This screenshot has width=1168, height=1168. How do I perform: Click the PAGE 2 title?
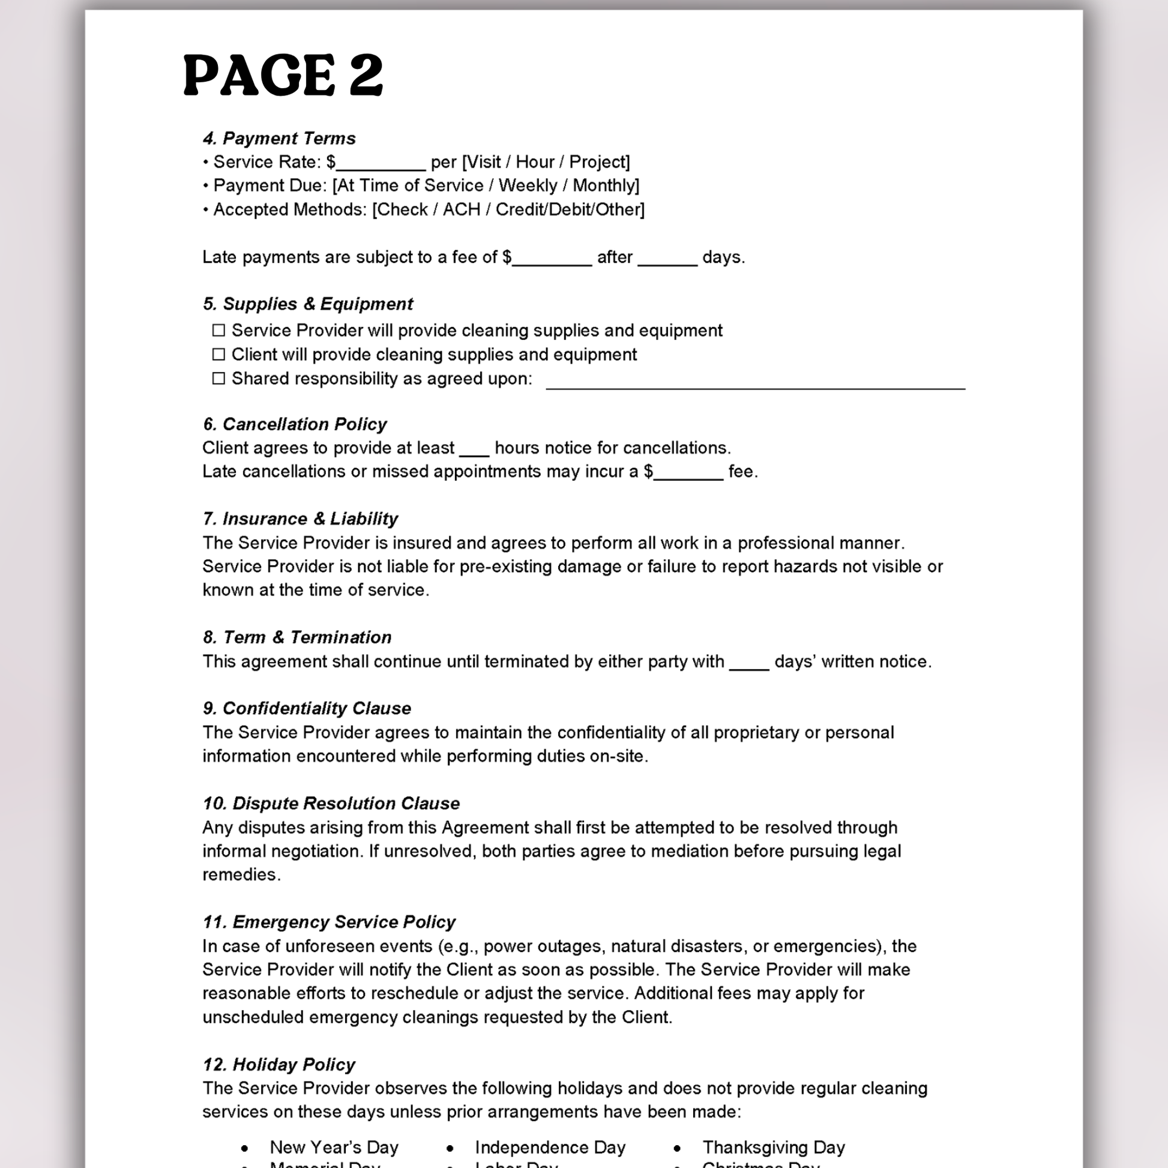coord(283,75)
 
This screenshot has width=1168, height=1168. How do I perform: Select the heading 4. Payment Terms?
coord(279,139)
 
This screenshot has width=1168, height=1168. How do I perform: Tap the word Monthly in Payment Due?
coord(604,185)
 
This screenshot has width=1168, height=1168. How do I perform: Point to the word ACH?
coord(462,210)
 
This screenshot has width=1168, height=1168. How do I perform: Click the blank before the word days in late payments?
coord(667,259)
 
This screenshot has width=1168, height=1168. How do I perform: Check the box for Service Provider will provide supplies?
coord(219,331)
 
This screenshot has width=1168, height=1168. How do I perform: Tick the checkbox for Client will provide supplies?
coord(219,354)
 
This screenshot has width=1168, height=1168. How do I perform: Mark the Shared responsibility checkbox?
coord(219,379)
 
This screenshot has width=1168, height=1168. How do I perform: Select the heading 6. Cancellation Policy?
coord(295,424)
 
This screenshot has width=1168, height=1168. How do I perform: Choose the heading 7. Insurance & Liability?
coord(301,519)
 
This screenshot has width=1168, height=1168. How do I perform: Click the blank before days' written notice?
coord(749,664)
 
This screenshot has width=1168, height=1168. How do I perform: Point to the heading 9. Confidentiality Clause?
coord(307,708)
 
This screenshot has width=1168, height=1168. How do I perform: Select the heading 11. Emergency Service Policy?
coord(329,922)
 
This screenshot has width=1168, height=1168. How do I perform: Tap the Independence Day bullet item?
coord(550,1148)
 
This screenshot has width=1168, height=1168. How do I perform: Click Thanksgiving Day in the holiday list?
coord(773,1148)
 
